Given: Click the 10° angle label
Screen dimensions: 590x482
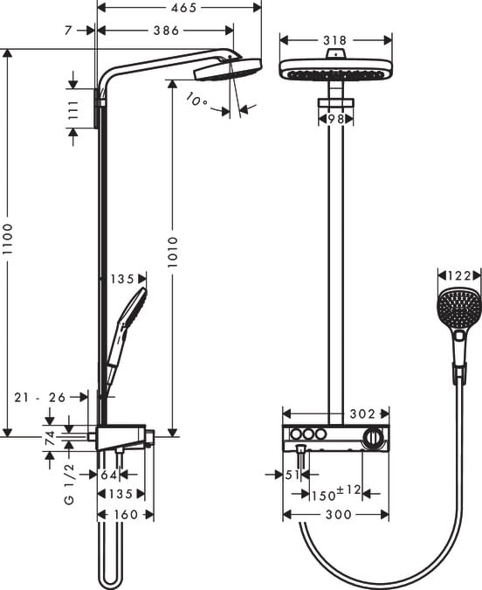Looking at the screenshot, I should click(197, 101).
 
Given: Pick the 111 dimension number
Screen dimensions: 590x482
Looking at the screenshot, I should click(73, 110).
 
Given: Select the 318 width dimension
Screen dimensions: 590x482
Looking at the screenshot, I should click(335, 39).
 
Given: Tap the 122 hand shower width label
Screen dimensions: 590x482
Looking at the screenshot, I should click(459, 275).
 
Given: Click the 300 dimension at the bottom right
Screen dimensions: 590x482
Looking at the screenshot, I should click(338, 515).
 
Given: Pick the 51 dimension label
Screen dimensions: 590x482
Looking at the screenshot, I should click(293, 475).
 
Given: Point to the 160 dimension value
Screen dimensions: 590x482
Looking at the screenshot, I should click(127, 515).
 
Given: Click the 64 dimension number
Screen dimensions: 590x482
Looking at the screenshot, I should click(107, 475).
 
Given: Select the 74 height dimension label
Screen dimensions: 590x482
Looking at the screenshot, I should click(50, 436).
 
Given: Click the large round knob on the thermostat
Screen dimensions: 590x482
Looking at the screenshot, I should click(373, 436).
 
